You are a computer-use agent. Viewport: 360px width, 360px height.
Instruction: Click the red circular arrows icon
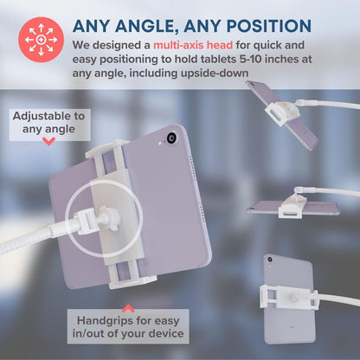pos(41,40)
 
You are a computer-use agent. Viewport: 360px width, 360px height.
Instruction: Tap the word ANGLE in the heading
pos(147,27)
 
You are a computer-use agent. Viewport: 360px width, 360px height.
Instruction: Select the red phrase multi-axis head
pos(193,45)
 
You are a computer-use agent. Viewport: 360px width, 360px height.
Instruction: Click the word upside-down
pos(215,74)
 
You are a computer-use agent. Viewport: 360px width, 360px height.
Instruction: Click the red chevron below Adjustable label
pos(48,141)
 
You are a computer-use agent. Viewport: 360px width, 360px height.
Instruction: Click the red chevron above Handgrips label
pos(128,309)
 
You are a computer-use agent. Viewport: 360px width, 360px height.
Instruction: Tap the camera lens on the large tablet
pos(172,138)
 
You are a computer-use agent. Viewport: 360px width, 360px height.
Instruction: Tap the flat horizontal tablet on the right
pos(292,208)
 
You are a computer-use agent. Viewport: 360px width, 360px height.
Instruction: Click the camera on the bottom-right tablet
pos(270,260)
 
